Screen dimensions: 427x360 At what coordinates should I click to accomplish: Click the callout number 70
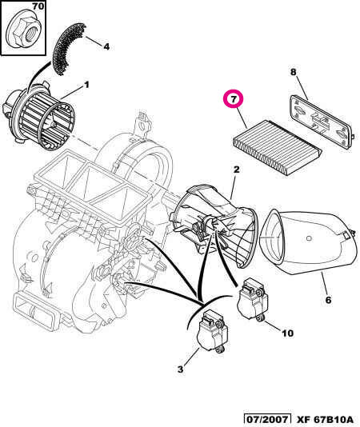(15, 8)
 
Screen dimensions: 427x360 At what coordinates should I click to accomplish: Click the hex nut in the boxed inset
(20, 32)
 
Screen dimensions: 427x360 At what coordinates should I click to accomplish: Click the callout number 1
(86, 85)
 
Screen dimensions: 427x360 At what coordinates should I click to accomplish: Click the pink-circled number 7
(234, 101)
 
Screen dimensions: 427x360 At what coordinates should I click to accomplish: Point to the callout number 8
(293, 73)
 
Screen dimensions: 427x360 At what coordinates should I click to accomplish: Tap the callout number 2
(236, 170)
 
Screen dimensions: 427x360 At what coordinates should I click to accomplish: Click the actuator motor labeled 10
(254, 300)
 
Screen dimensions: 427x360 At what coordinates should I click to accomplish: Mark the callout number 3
(180, 369)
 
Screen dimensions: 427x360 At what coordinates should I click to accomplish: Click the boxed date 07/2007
(268, 419)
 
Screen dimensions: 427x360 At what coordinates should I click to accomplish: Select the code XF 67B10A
(324, 419)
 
